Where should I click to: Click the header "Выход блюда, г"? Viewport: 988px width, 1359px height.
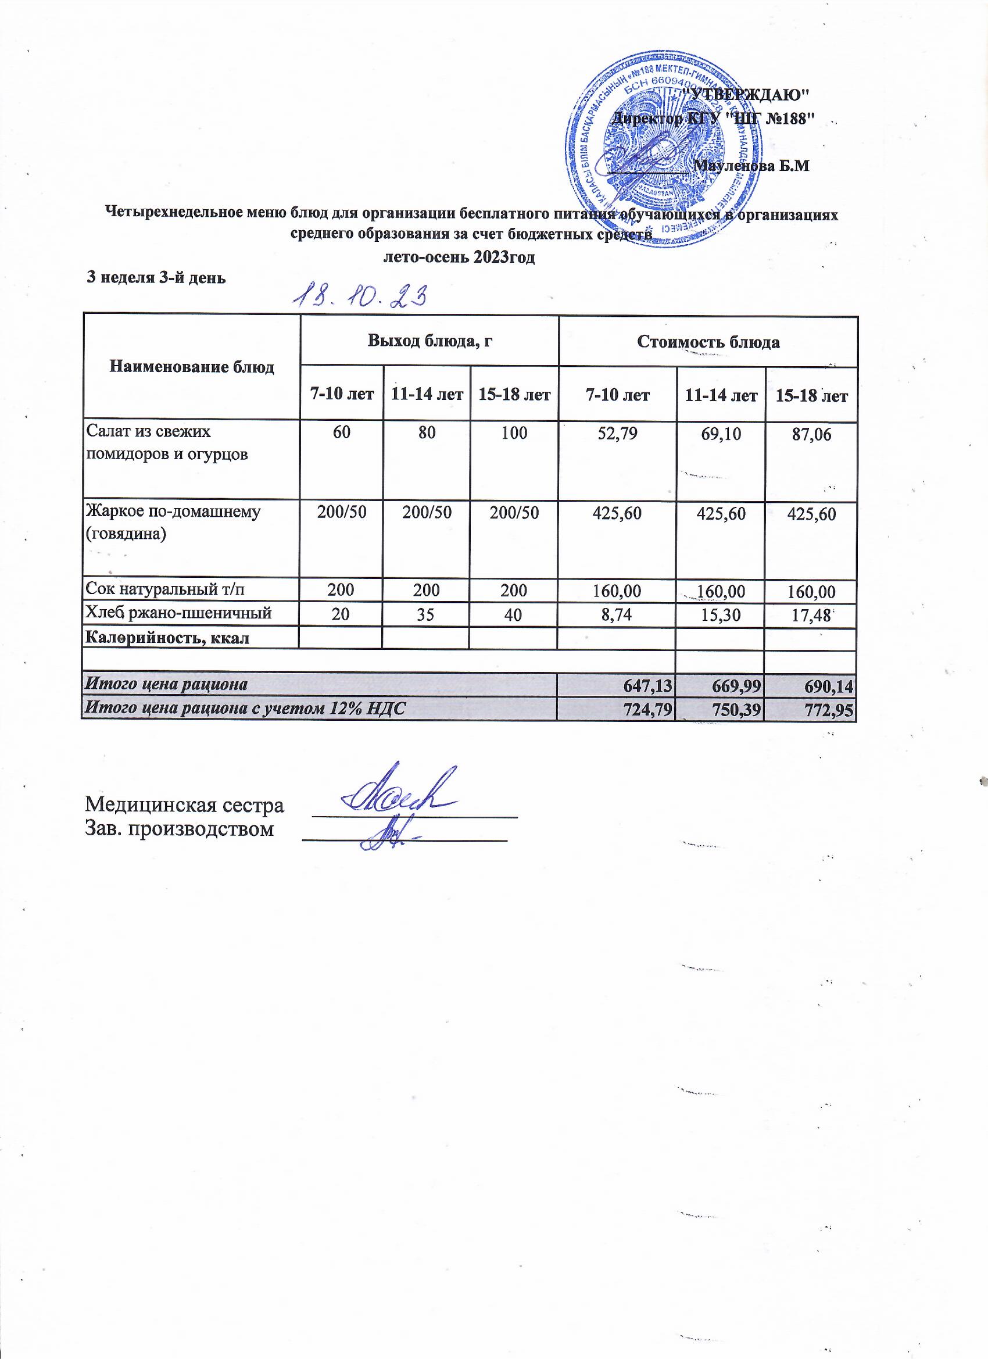(429, 342)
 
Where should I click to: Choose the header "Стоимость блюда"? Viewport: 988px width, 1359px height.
(708, 342)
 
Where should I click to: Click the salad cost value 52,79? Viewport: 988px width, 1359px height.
(617, 433)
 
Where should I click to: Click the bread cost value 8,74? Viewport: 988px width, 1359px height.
(617, 614)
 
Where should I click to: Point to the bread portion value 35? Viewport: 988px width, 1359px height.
(427, 614)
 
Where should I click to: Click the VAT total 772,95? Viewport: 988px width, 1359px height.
(831, 709)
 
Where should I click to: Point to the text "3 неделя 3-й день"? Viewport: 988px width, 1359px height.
(157, 278)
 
